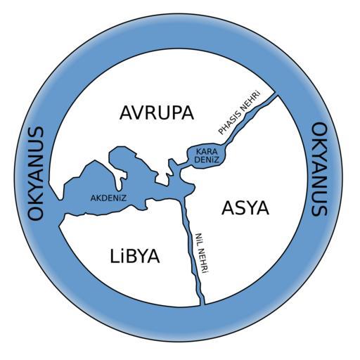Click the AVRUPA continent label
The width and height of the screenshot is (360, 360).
click(157, 113)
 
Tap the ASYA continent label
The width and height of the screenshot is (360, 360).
click(245, 208)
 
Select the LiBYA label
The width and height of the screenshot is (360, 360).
click(135, 256)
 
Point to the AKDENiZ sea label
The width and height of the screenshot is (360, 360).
click(108, 198)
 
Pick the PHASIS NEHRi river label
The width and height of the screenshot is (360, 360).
click(240, 112)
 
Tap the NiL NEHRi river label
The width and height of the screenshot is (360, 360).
click(202, 253)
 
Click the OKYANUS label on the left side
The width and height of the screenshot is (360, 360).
click(36, 174)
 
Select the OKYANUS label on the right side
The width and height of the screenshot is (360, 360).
click(319, 169)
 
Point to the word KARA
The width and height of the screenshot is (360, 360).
click(205, 152)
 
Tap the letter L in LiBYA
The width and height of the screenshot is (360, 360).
click(114, 256)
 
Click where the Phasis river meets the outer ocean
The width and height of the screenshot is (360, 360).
click(276, 95)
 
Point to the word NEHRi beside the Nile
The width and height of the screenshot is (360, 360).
click(203, 262)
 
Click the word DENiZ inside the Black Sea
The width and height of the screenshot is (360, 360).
click(207, 160)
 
